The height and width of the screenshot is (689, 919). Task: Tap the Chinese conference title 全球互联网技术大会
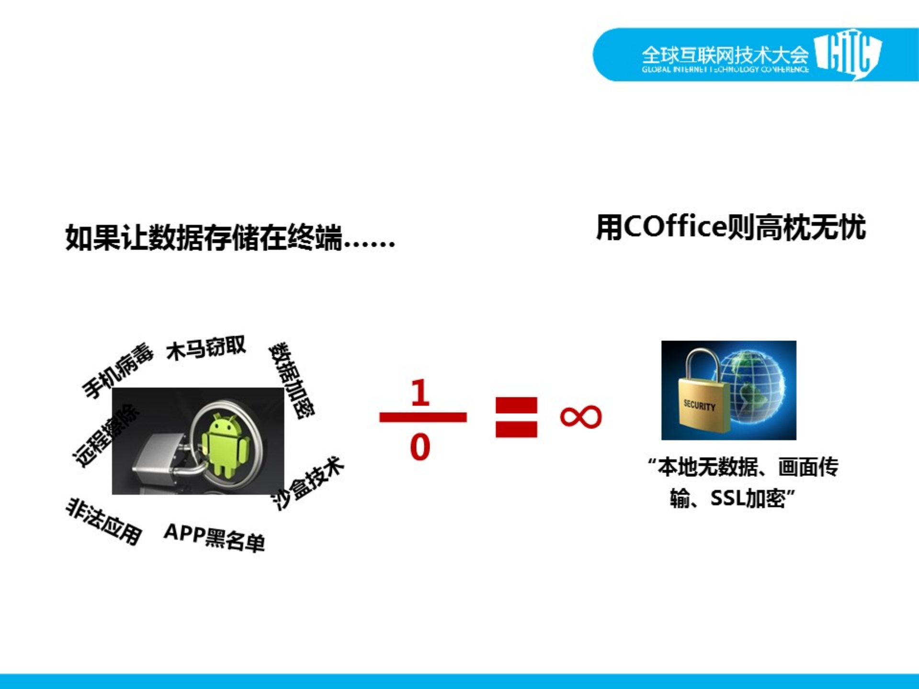click(725, 55)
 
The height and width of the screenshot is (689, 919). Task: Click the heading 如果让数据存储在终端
click(230, 237)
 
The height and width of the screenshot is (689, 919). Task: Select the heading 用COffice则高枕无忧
click(731, 226)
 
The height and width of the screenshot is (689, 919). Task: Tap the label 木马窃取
click(206, 348)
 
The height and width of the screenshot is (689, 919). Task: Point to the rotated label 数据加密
click(291, 380)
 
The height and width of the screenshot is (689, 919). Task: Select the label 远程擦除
click(105, 435)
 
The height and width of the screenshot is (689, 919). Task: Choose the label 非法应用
click(103, 521)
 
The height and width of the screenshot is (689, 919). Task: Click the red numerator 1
click(420, 393)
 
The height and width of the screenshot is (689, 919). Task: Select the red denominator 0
click(420, 447)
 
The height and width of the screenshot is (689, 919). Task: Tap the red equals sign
click(516, 417)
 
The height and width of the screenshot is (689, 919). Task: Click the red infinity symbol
click(580, 417)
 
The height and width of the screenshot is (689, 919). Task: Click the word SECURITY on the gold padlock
click(699, 406)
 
